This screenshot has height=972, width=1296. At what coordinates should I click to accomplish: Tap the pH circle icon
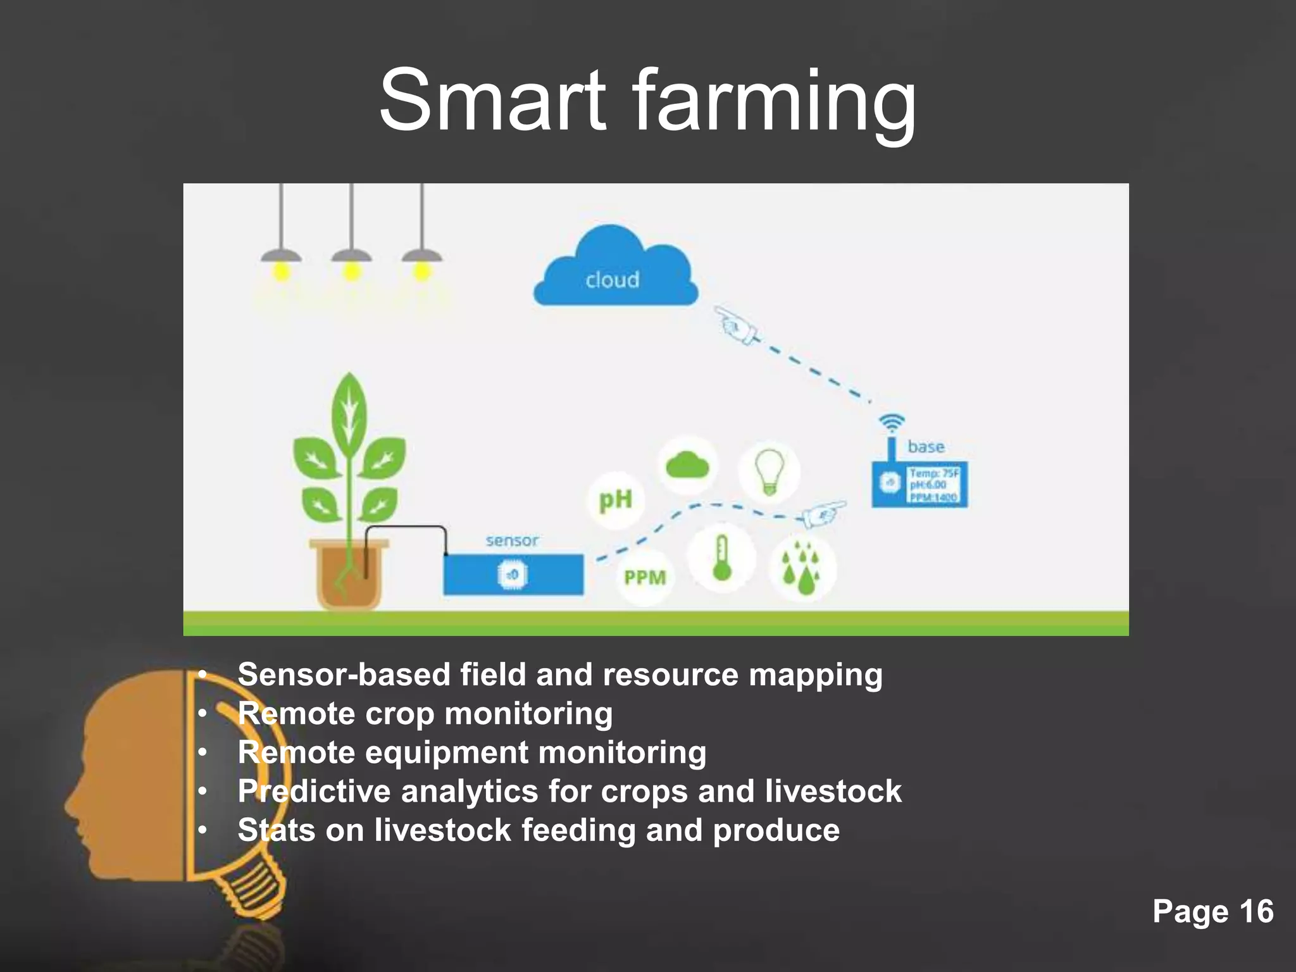615,500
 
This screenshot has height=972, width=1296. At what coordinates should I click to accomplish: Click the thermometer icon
721,558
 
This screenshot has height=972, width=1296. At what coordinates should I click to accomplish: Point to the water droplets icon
802,568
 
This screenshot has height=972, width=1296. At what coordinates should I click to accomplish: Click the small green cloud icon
688,466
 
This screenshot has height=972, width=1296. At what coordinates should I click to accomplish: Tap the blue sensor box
513,575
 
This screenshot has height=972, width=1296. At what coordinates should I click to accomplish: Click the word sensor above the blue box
512,540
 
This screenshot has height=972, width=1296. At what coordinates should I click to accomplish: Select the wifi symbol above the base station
892,422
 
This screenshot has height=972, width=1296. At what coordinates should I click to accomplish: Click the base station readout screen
934,484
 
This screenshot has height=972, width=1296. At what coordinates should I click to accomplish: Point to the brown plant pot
349,573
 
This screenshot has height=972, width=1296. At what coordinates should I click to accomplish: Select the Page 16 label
1212,911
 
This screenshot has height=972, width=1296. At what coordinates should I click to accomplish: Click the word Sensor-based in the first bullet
344,675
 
